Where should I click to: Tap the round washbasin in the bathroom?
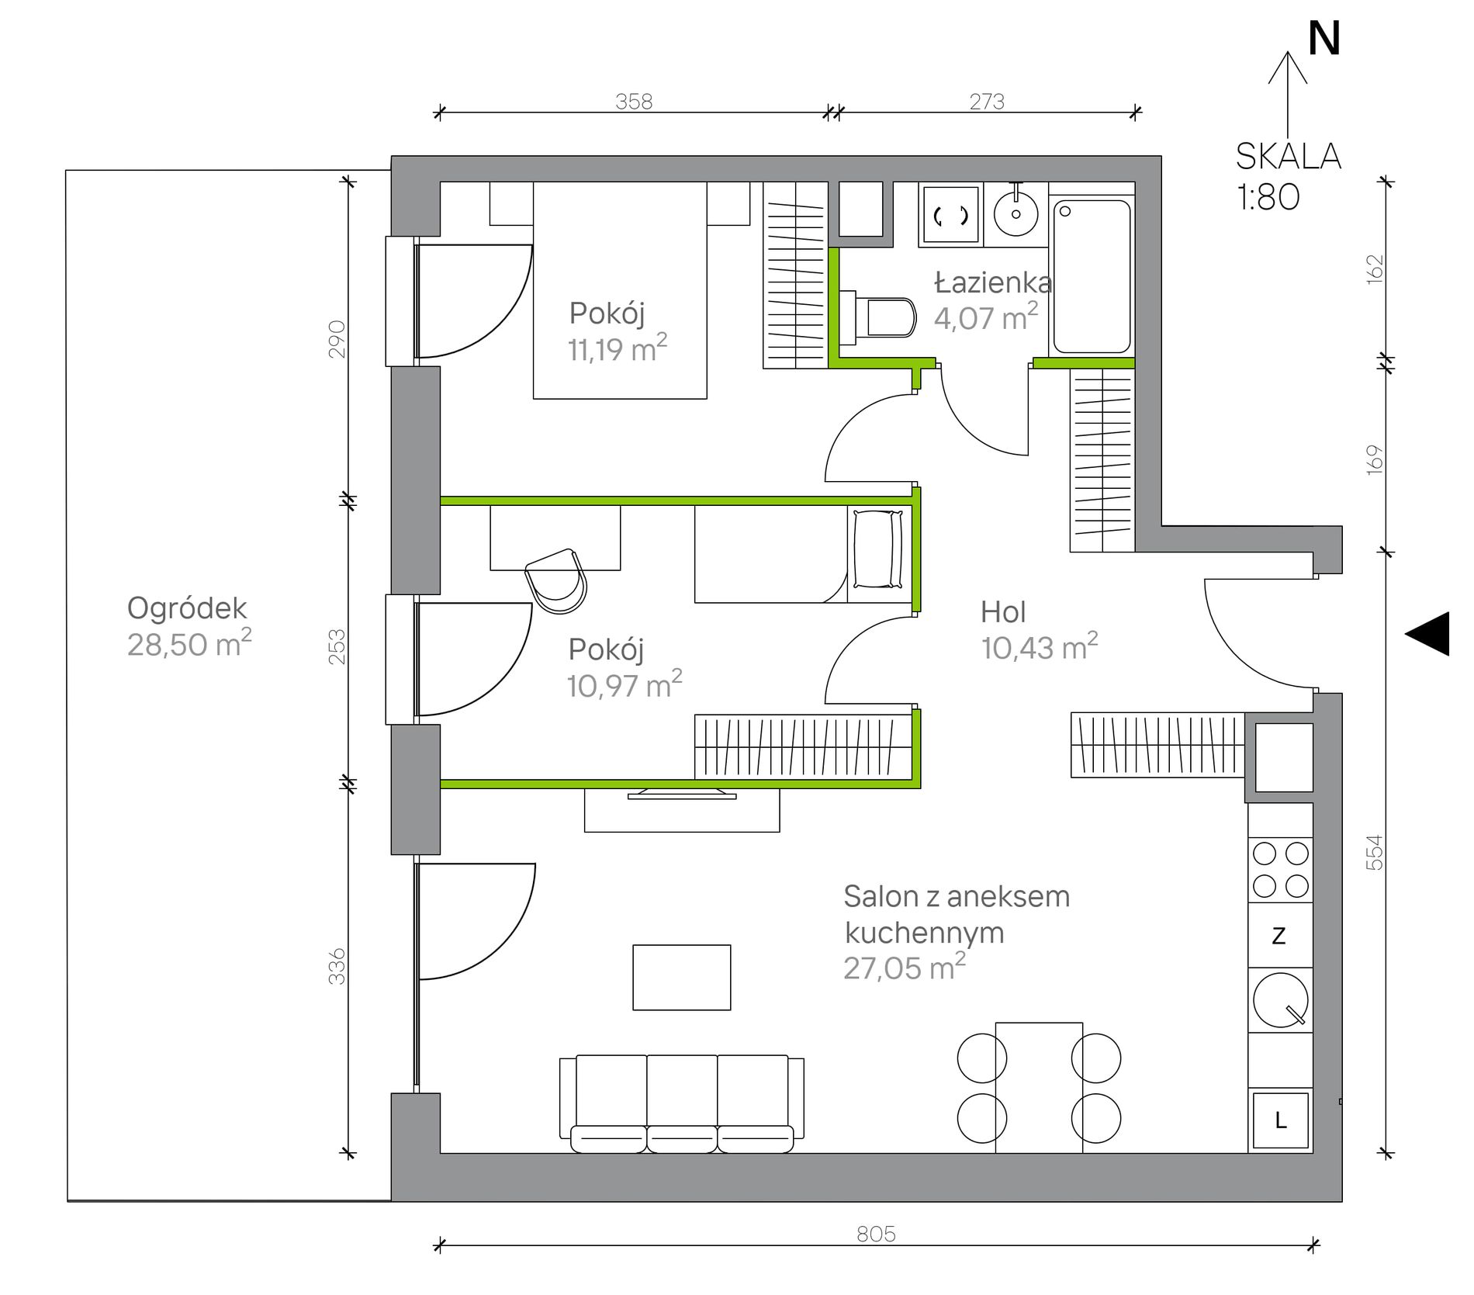point(1016,213)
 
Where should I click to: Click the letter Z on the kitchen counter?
point(1279,936)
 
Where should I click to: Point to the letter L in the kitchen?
point(1281,1120)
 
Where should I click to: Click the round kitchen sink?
point(1280,1000)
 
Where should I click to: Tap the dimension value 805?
point(876,1234)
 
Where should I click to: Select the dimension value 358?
point(634,102)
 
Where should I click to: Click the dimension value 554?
point(1374,852)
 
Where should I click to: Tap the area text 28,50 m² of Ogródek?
point(189,644)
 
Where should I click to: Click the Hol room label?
point(1003,612)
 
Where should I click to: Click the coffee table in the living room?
point(682,978)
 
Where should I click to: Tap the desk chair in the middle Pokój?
point(556,580)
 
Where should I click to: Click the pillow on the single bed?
point(878,549)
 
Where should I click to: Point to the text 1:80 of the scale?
point(1268,197)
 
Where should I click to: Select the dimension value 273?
point(987,102)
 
